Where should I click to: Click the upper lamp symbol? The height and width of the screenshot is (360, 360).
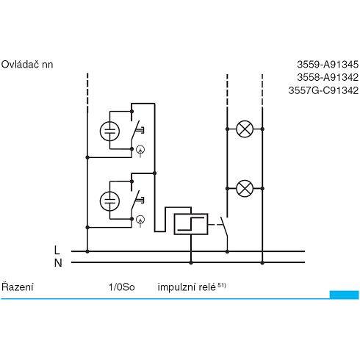tap(245, 129)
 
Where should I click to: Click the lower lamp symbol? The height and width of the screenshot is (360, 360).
tap(245, 189)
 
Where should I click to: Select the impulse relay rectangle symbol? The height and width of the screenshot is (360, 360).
tap(191, 224)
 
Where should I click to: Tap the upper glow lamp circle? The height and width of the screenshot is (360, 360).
tap(109, 132)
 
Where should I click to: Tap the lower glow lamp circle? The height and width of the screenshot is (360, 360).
tap(109, 201)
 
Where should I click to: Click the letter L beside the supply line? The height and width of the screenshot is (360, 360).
tap(57, 251)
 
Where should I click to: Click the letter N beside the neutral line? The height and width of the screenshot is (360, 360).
tap(58, 263)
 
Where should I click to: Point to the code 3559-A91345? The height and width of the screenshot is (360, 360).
tap(328, 65)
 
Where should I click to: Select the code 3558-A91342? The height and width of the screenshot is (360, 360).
tap(328, 78)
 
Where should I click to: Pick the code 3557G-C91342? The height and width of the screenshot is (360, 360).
tap(323, 90)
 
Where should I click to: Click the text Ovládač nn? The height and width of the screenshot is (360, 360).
tap(27, 65)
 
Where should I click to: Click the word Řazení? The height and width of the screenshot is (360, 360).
tap(17, 287)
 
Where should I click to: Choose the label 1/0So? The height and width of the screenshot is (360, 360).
tap(122, 287)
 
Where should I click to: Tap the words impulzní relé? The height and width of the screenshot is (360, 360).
tap(187, 287)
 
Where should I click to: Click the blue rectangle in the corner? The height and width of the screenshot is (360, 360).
tap(344, 295)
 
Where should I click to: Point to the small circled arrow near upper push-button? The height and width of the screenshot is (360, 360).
tap(140, 150)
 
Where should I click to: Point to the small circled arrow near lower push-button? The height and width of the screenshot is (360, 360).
tap(140, 220)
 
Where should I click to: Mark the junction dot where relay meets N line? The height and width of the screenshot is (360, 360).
tap(191, 263)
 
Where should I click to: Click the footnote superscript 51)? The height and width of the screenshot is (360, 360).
tap(222, 285)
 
